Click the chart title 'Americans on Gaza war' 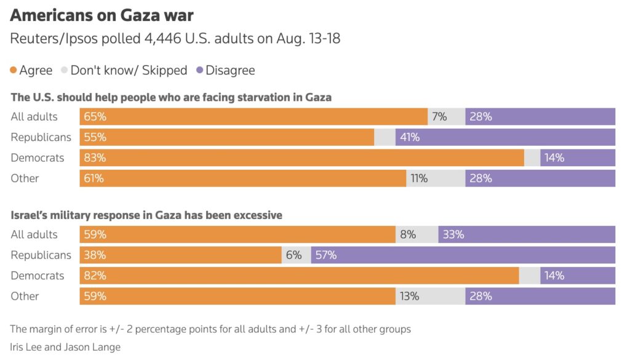coord(101,15)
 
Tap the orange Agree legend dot coord(14,70)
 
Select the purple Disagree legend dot coord(200,70)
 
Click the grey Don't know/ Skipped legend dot coord(65,70)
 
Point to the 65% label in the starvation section coord(95,117)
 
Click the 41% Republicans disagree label coord(410,137)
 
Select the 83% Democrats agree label coord(95,158)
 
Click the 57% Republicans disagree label coord(326,255)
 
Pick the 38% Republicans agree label coord(95,255)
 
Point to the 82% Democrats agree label coord(95,276)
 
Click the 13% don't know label coord(409,296)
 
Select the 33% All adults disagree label coord(453,234)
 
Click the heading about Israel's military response coord(146,215)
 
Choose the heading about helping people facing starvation coord(171,97)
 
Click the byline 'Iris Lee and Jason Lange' coord(66,347)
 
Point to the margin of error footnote coord(210,329)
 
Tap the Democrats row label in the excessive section coord(38,276)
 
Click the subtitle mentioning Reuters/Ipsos coord(175,39)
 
